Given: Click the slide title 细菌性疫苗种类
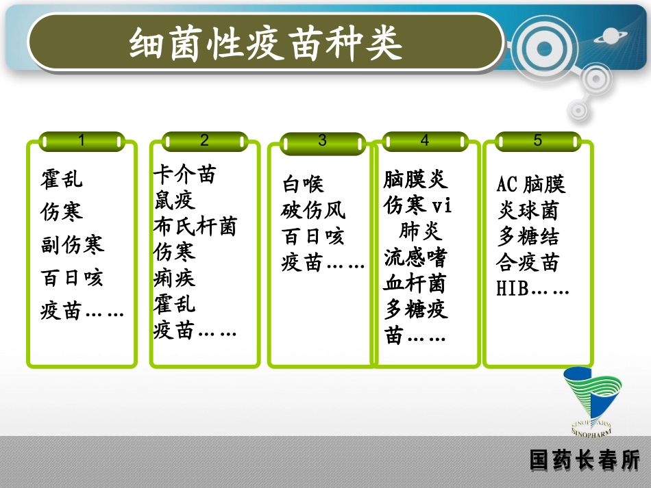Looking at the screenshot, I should pos(266,44).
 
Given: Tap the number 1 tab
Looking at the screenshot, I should pos(82,141).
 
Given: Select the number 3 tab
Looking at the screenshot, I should pos(323,141).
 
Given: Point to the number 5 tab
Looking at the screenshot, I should pos(537,140).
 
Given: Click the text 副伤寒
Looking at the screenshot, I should pos(72,245).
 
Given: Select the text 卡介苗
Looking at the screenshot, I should pos(184,175).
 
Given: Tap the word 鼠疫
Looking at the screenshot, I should pos(174,201).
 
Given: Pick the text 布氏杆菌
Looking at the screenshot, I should pos(195,227).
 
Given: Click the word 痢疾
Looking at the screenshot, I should pos(174,278).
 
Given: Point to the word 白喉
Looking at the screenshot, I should pos(303,184).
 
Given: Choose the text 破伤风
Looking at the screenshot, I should pos(313,210).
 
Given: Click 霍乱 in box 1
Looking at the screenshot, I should pos(61,179).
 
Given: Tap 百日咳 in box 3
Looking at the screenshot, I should pos(313,237).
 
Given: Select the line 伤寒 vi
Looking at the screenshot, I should pos(417,205).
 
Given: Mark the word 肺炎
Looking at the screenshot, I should pos(421,231).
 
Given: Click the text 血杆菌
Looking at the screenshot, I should pos(415,283).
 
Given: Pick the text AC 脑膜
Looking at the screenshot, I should pos(531,184).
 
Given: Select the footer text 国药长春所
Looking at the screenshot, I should pos(584,460).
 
